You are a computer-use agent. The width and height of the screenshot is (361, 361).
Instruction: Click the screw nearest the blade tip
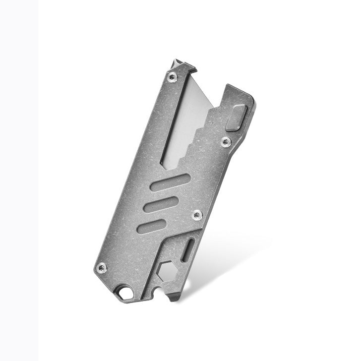[172, 76]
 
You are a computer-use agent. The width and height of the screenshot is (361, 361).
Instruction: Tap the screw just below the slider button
[226, 142]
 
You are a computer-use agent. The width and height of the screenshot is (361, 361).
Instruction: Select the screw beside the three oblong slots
[197, 215]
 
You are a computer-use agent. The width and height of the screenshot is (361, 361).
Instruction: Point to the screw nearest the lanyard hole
[102, 268]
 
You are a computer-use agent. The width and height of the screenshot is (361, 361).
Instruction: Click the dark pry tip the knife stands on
[175, 298]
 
